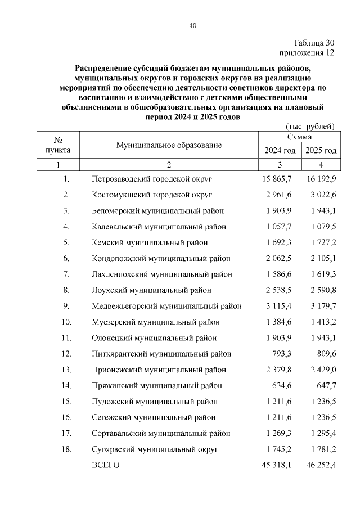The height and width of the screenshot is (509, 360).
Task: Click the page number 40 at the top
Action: [x=192, y=25]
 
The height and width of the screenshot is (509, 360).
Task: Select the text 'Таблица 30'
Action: [x=314, y=43]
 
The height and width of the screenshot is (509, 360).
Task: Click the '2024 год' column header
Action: [x=280, y=150]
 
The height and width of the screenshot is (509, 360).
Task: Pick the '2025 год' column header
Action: [x=321, y=150]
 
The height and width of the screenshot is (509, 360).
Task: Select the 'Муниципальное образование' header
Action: [x=169, y=145]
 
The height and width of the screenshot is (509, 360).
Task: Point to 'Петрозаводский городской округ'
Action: [x=152, y=179]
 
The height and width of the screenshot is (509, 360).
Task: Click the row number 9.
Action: [x=66, y=306]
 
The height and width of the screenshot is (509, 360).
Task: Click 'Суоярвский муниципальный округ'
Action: [x=155, y=449]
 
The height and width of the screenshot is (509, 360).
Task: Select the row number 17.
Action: [x=66, y=434]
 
